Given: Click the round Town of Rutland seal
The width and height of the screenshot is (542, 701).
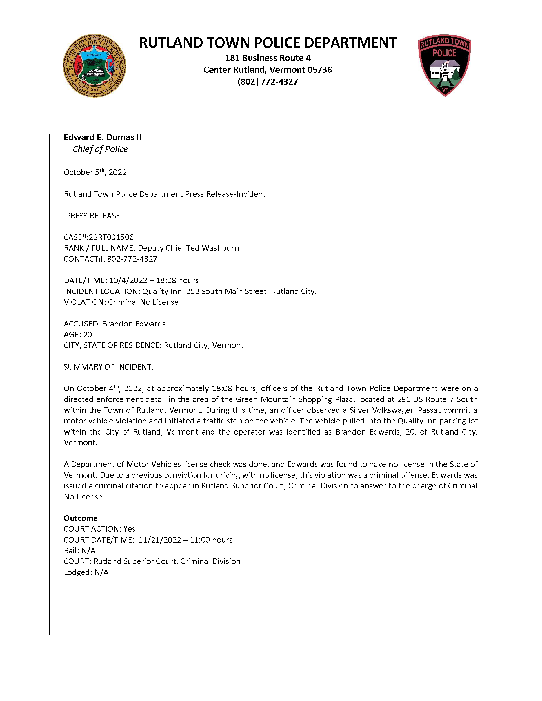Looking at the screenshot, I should tap(94, 66).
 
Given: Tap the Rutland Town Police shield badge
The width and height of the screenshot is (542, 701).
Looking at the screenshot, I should tap(444, 65).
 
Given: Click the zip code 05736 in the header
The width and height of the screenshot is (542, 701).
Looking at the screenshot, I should tap(319, 70).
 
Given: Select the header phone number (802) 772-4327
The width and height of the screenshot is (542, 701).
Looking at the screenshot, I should tap(268, 81).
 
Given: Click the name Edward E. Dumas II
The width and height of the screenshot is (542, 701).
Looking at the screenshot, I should tap(102, 137).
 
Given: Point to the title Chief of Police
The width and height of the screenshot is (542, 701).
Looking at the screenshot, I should tap(100, 149).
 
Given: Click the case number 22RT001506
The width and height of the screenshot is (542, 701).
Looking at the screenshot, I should tap(111, 237).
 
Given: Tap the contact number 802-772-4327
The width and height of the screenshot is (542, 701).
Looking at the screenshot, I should tap(132, 259).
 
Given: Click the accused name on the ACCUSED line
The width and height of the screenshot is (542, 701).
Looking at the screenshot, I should tap(134, 324).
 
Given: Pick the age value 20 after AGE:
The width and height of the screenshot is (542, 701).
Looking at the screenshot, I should tap(87, 335).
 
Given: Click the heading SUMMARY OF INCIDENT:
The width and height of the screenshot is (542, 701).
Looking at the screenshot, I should tap(108, 367).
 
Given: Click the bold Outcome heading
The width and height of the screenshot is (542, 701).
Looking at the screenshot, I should tap(81, 518).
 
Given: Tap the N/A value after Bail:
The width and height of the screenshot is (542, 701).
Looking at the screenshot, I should tap(88, 551).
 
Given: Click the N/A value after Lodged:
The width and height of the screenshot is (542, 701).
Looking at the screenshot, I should tap(101, 572).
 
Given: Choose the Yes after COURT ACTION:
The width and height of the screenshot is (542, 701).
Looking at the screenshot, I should tap(129, 529).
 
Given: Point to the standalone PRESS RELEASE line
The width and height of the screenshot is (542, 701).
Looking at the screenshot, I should tap(93, 216).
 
